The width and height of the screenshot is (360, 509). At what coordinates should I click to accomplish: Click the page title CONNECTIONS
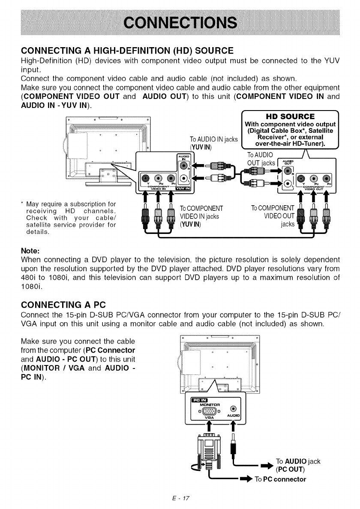click(x=180, y=22)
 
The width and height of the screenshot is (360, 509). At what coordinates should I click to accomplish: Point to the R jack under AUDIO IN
click(x=184, y=166)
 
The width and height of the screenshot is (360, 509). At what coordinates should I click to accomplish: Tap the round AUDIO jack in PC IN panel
click(x=233, y=409)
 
